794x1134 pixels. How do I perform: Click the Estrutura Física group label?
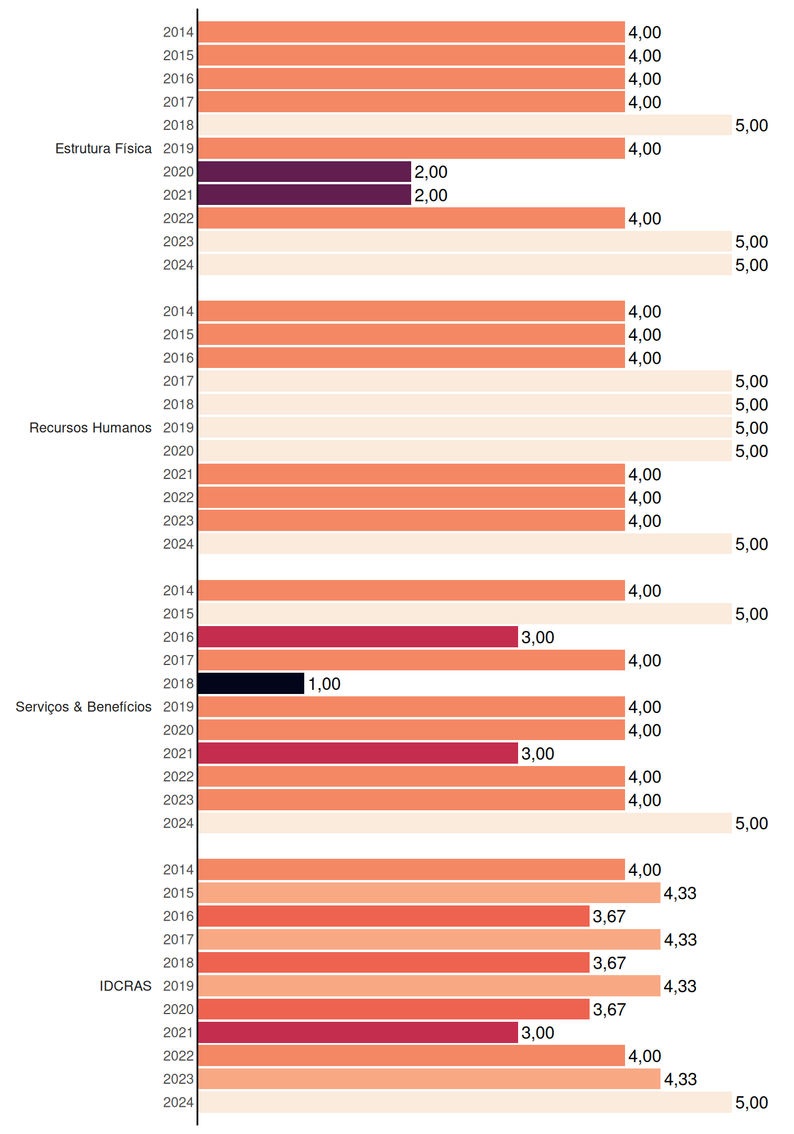point(103,148)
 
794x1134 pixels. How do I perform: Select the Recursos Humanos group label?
point(90,428)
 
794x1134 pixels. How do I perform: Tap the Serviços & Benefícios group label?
point(83,707)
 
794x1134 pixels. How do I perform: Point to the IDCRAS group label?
point(125,986)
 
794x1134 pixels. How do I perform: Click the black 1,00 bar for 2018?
point(251,683)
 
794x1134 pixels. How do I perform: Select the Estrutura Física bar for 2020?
point(304,172)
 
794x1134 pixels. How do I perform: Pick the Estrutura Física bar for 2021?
point(304,195)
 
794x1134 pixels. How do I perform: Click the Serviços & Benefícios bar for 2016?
point(358,637)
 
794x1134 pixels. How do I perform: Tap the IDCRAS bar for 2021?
point(358,1032)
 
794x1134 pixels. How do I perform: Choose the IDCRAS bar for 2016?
point(393,916)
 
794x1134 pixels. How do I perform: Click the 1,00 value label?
point(324,684)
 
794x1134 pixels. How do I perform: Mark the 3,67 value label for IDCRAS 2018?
point(609,963)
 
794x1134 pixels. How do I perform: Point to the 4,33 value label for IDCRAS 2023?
point(680,1080)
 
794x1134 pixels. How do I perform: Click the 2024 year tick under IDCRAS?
point(178,1102)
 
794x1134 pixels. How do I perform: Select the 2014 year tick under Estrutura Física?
point(178,32)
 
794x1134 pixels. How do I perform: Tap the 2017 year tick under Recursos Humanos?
point(178,381)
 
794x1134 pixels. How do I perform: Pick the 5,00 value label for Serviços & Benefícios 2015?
point(751,614)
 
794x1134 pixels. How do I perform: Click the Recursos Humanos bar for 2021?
point(411,474)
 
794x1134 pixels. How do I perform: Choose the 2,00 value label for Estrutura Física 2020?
point(431,172)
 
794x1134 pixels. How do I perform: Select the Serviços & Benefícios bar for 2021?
point(358,753)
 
